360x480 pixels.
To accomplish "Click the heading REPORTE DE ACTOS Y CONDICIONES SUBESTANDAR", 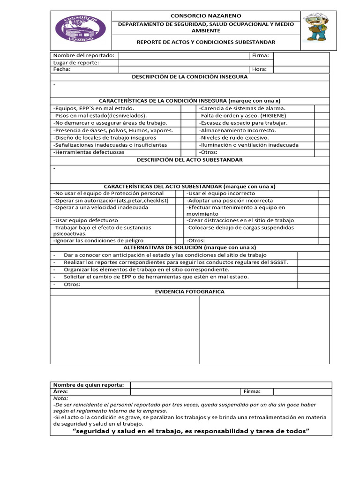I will [206, 42].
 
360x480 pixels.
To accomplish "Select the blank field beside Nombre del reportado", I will [183, 56].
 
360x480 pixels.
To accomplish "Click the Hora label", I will [259, 69].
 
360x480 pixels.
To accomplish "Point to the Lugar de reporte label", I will [76, 63].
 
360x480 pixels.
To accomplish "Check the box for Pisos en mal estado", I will [188, 115].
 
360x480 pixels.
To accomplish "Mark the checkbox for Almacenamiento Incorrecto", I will [321, 130].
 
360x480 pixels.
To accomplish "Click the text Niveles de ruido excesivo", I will [234, 138].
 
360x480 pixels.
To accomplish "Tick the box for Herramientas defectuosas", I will [188, 152].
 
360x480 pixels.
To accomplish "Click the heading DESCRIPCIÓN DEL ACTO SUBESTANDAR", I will [190, 160].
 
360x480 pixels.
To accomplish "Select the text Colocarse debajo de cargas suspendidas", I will [240, 228].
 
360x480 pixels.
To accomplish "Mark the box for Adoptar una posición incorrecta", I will [324, 201].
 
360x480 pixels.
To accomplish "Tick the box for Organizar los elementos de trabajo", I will [313, 270].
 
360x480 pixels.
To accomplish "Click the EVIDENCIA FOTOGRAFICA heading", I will [190, 292].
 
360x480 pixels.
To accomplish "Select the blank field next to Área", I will [185, 391].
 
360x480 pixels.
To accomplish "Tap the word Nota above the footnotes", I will [60, 398].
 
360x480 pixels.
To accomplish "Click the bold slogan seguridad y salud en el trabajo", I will [191, 431].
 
